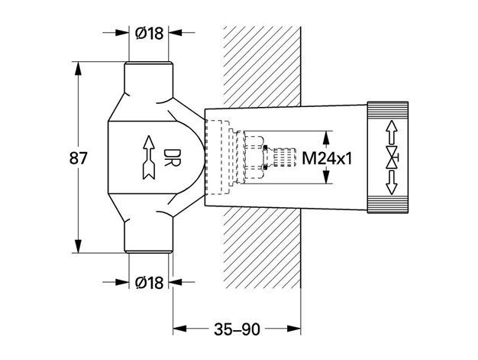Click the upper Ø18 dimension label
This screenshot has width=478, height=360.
(x=149, y=33)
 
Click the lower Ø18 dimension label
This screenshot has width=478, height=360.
(x=149, y=283)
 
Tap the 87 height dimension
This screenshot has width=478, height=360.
(x=79, y=158)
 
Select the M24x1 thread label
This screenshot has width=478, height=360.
(x=327, y=159)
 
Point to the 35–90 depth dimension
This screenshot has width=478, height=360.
(x=237, y=329)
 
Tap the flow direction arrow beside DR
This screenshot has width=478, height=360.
(x=149, y=157)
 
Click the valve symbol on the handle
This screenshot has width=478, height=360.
(x=392, y=157)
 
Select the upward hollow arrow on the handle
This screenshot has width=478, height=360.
(x=392, y=131)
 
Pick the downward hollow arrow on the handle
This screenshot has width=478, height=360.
(x=392, y=183)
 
